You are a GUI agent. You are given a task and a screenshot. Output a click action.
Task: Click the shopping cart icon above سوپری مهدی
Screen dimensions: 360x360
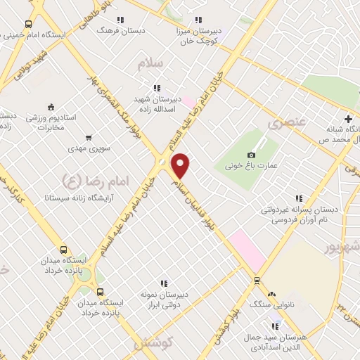[88, 138]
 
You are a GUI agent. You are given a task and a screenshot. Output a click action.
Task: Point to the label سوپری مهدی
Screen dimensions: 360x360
[86, 149]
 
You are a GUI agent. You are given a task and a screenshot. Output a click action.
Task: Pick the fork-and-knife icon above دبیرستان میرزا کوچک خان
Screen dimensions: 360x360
[198, 20]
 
